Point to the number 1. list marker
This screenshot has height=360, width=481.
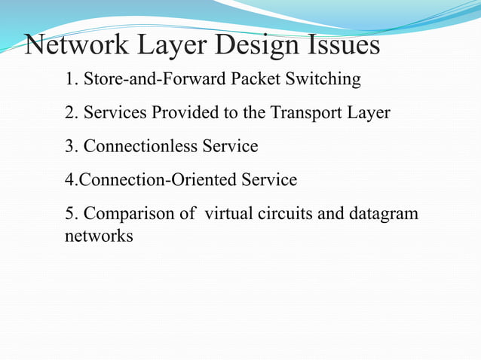point(72,79)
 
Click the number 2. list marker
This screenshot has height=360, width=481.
point(72,113)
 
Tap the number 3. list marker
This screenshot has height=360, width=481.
point(72,146)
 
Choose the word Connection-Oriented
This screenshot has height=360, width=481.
point(146,180)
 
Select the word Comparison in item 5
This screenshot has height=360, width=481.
point(129,214)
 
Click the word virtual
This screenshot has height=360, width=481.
point(228,214)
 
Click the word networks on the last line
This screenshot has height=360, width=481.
point(100,236)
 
